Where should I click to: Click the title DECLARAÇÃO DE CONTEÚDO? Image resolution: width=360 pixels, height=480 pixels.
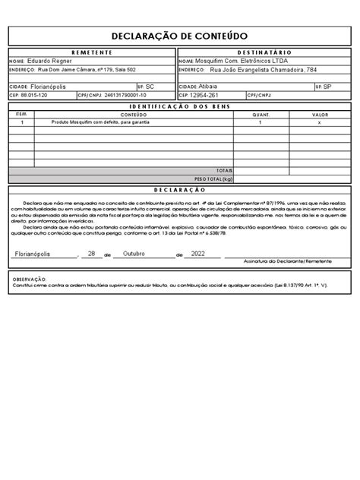tap(180, 35)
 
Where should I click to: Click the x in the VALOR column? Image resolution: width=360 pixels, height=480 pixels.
tap(319, 122)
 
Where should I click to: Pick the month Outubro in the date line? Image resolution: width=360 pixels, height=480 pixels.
tap(140, 253)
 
